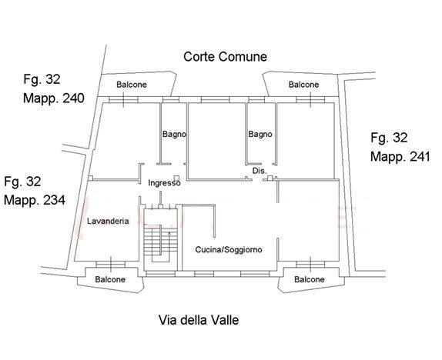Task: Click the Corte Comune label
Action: (225, 57)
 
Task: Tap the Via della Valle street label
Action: (199, 320)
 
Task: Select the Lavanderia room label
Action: (108, 221)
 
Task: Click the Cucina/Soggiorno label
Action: (229, 249)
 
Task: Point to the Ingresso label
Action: (164, 183)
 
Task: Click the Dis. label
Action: (260, 171)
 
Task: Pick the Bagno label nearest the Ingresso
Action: (174, 134)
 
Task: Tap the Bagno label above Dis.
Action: (260, 134)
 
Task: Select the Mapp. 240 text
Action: (54, 98)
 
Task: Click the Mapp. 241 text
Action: (400, 157)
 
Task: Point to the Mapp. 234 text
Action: (35, 200)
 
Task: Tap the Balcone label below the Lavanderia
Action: (110, 279)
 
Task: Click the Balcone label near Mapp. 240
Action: (132, 85)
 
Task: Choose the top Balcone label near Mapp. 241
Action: (304, 85)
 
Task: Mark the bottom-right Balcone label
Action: (310, 279)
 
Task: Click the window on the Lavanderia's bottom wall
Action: (110, 264)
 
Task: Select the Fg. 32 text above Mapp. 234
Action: (22, 182)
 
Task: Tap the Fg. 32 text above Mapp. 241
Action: (389, 138)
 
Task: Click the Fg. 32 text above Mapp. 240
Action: (42, 79)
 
